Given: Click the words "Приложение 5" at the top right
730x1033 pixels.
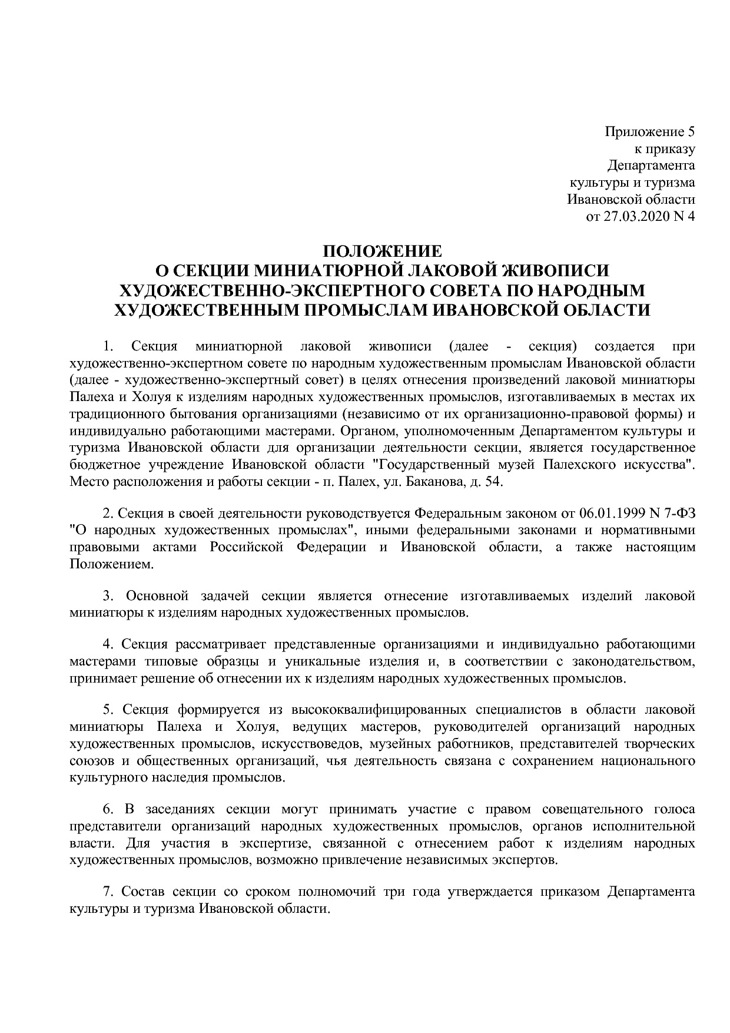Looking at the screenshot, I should [x=650, y=131].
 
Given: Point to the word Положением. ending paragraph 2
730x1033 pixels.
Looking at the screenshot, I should [x=111, y=564].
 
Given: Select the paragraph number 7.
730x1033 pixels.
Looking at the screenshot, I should [x=108, y=891].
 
